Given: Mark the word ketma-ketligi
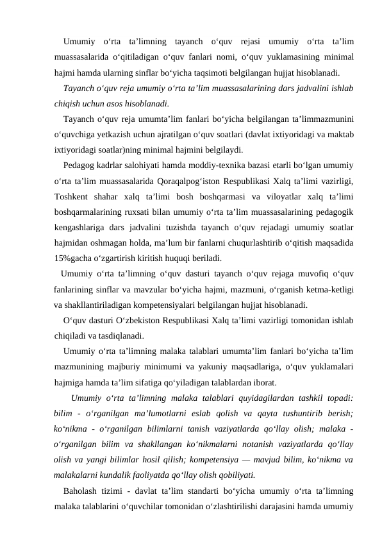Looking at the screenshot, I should click(331, 289).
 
